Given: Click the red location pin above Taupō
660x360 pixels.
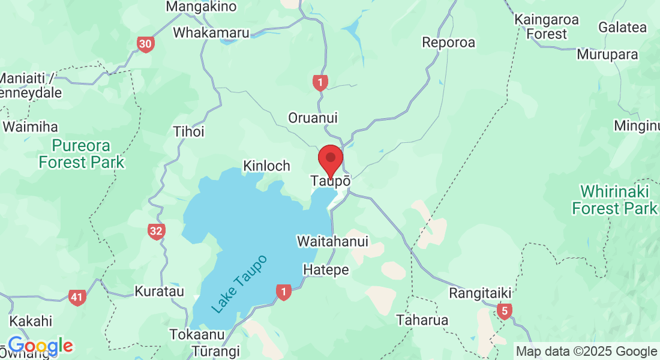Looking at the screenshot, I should pos(330,160).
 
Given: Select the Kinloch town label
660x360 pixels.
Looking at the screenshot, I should pos(266,166).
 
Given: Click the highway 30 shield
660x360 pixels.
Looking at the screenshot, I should pos(145,44).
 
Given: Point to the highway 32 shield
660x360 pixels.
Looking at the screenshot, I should pos(157,232).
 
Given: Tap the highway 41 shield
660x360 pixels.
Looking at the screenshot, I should pos(77,297).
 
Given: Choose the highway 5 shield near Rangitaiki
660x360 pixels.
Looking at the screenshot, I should pos(505,311).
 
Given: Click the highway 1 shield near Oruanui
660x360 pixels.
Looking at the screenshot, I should pos(320,82).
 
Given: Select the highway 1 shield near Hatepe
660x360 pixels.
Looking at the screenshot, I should pos(283,292).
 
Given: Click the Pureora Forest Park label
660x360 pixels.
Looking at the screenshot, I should pos(82,154).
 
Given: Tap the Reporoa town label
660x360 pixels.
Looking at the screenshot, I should pos(448,43).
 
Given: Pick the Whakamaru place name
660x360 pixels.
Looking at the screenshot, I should pos(211,32).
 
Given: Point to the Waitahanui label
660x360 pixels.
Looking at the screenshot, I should pos(332,241).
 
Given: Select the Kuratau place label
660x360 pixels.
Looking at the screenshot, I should pos(155,292).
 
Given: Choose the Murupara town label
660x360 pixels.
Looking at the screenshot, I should pos(607,55).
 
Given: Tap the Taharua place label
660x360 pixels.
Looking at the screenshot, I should pos(422,320).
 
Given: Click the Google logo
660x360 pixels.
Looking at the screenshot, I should pos(40,346).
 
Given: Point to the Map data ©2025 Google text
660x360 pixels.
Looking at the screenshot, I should pos(586,352).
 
